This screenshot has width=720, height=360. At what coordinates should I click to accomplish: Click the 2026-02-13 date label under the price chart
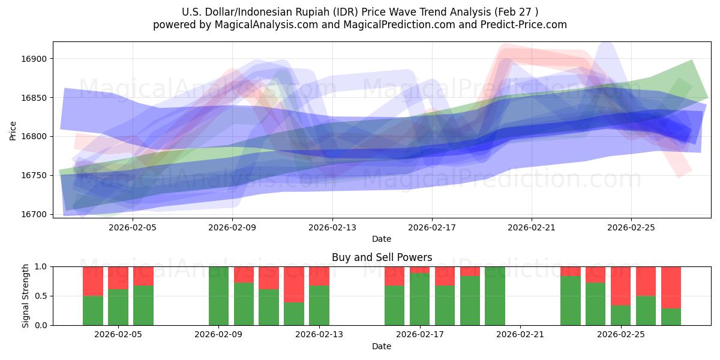click(x=332, y=227)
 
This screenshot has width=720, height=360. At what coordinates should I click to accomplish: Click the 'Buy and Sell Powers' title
click(x=382, y=257)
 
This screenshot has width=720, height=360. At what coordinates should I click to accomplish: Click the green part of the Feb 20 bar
click(x=494, y=296)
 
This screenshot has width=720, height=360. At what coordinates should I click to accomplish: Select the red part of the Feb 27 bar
click(x=671, y=287)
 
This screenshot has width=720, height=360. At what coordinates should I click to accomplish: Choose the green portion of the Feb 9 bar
click(x=218, y=296)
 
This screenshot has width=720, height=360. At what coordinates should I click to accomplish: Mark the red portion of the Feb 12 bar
click(x=294, y=284)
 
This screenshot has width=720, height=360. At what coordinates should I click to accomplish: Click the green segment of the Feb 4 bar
click(x=93, y=310)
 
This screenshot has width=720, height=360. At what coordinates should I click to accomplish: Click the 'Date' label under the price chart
click(x=382, y=239)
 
